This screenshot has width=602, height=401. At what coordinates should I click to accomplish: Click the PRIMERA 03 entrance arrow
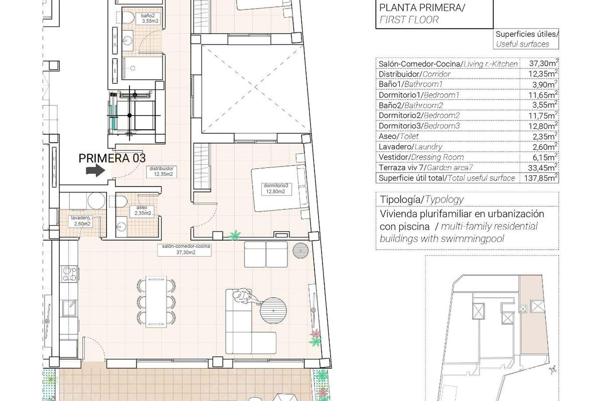(x=94, y=171)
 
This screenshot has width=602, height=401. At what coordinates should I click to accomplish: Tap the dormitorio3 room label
(x=276, y=188)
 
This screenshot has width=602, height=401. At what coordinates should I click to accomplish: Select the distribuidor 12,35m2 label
(x=161, y=172)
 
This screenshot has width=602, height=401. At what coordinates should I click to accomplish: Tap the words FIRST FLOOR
(x=408, y=20)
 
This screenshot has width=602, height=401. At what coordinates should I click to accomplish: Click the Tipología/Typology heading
(x=421, y=199)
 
